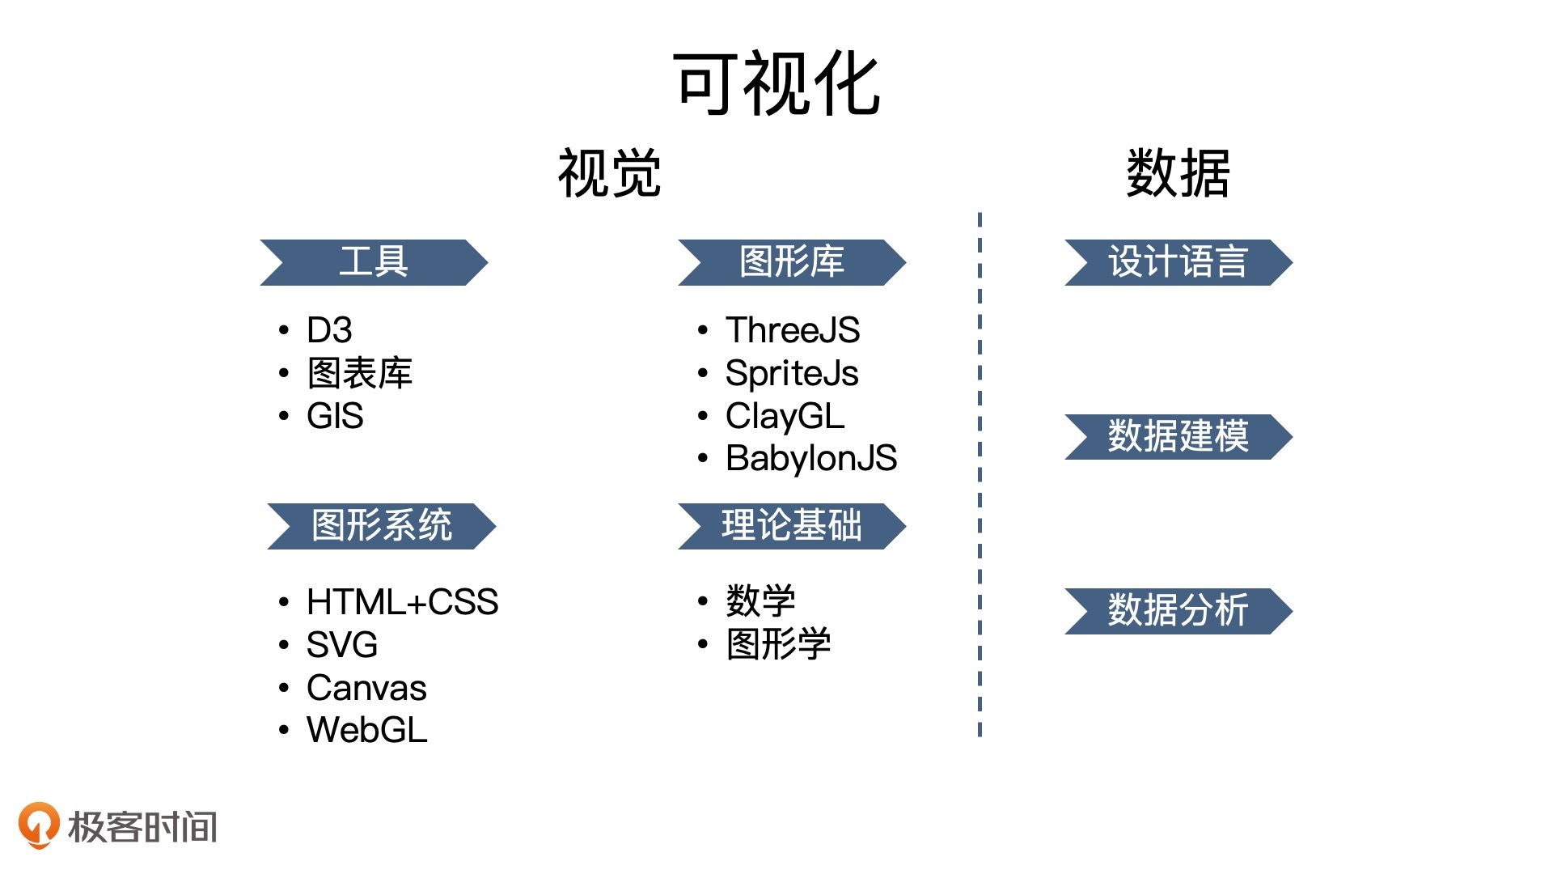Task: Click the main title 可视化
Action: tap(776, 83)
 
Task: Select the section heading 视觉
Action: tap(610, 173)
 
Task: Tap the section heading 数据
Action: tap(1178, 173)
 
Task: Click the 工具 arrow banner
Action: tap(374, 262)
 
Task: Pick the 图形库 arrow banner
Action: tap(792, 262)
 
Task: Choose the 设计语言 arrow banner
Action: tap(1178, 262)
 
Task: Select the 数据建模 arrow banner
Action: tap(1178, 436)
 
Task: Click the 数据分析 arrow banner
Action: tap(1178, 610)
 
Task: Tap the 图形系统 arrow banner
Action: tap(382, 525)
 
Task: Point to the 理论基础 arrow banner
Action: tap(792, 525)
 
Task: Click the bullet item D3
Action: tap(329, 330)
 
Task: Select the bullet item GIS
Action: tap(335, 416)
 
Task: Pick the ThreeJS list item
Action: tap(792, 330)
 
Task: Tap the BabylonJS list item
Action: tap(810, 458)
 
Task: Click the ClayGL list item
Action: tap(785, 416)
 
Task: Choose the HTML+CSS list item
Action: tap(402, 602)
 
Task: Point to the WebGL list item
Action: tap(366, 730)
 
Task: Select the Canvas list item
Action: tap(366, 688)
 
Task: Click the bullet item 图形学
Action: tap(778, 644)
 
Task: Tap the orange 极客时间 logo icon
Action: tap(38, 825)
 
